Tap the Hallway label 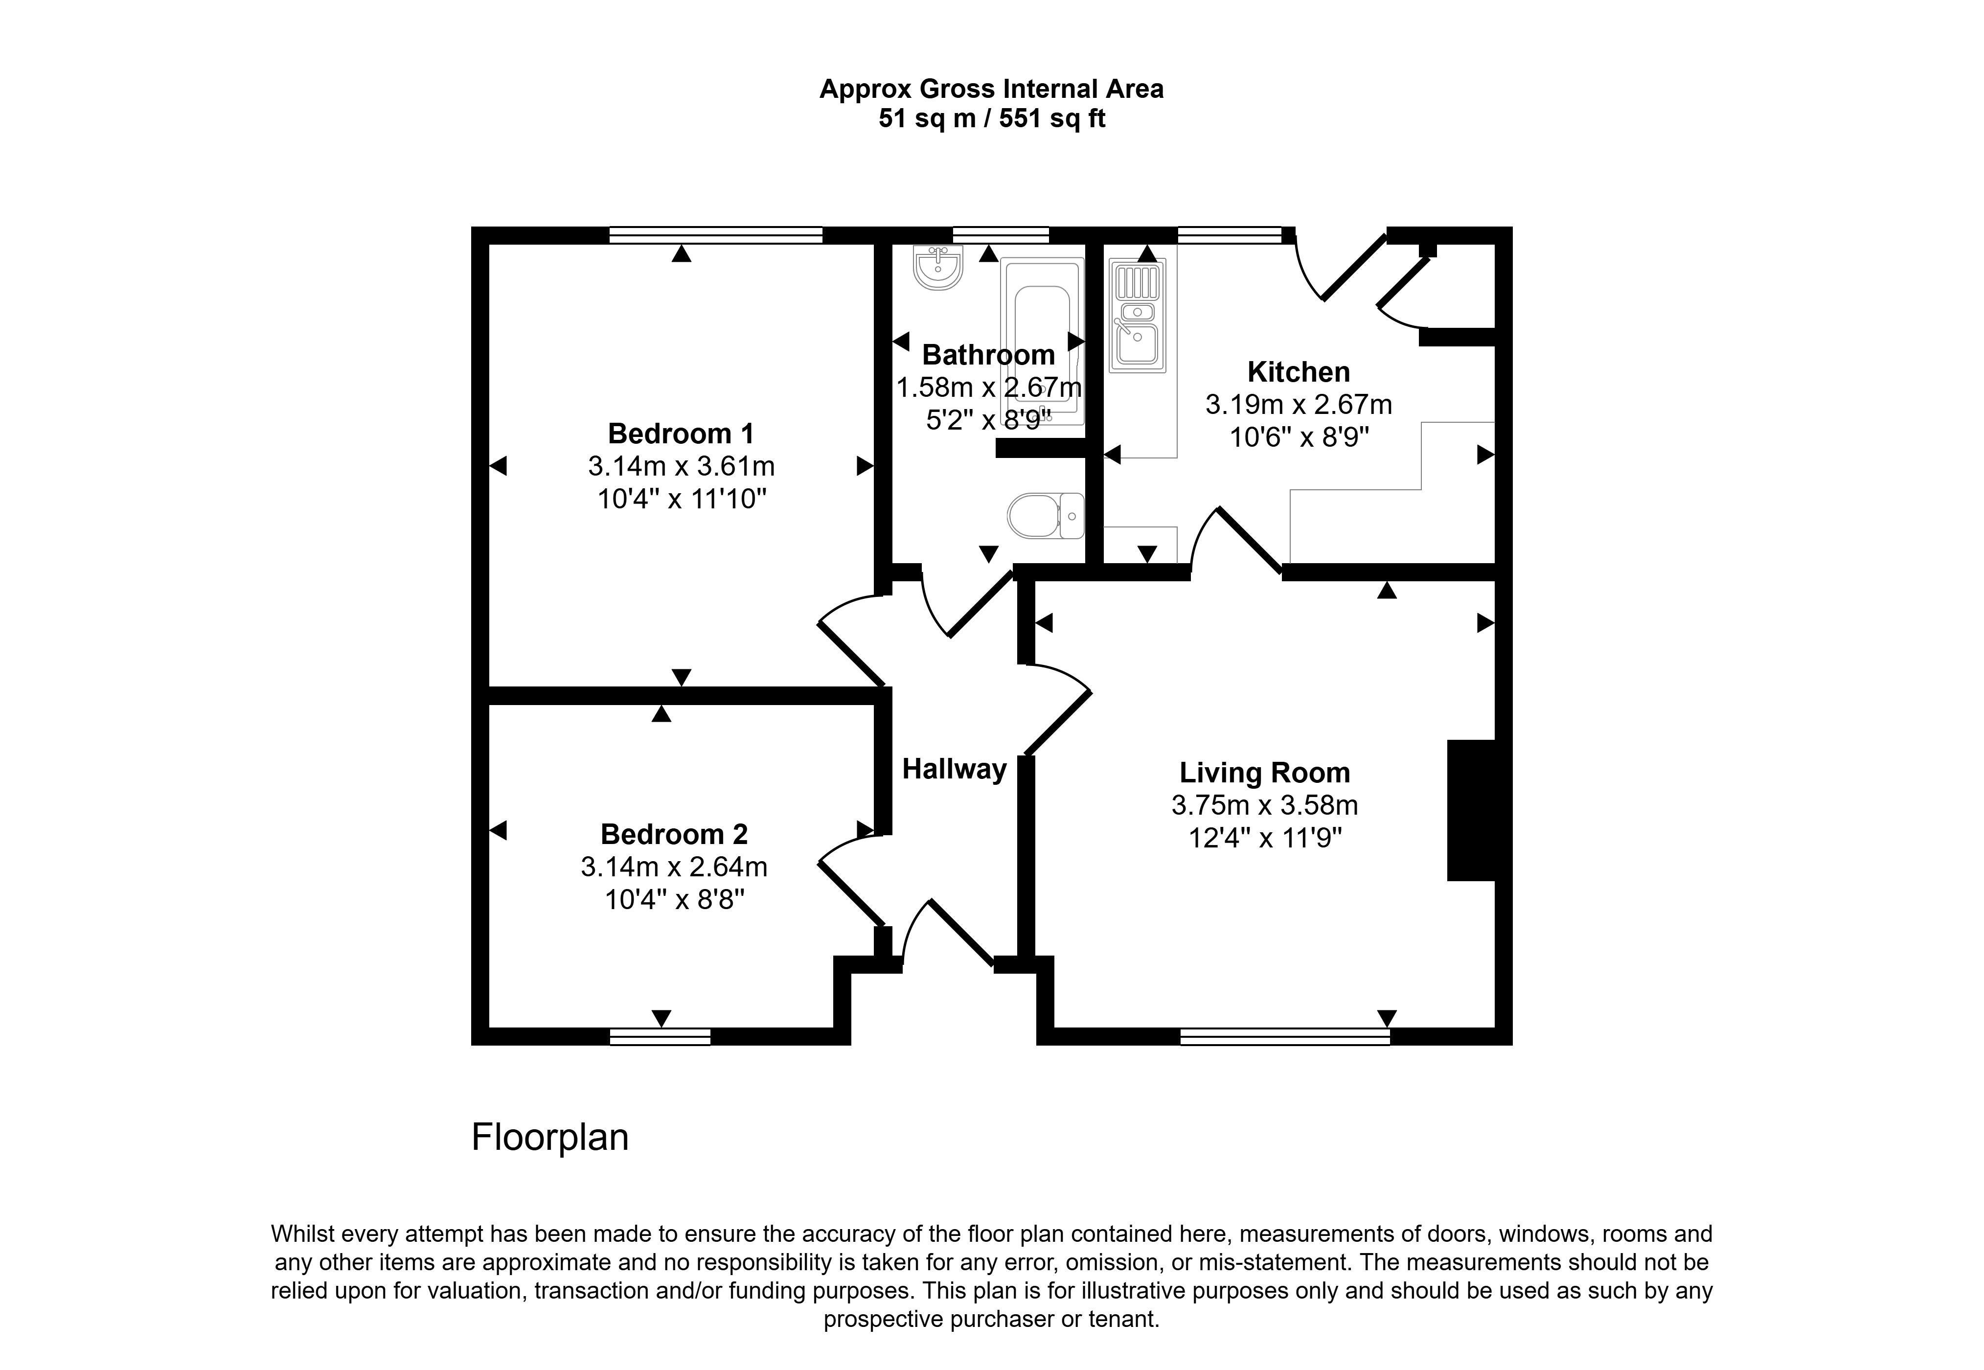[954, 769]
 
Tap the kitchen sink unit [1137, 317]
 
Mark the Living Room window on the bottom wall [1285, 1037]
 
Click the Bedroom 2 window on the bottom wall [660, 1037]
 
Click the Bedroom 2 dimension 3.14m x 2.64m [674, 867]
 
